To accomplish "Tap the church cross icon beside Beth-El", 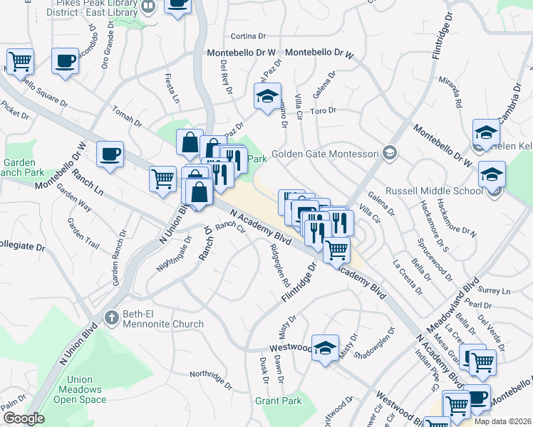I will [110, 316].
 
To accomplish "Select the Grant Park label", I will [279, 401].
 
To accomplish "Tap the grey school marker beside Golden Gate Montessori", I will [389, 152].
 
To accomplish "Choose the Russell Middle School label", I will [434, 191].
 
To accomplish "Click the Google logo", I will [24, 418].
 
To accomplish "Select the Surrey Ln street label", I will [496, 292].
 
